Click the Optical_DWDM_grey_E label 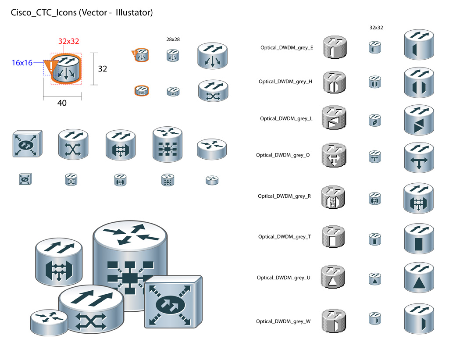tap(286, 48)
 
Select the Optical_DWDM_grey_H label tap(285, 82)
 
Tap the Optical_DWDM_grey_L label tap(286, 118)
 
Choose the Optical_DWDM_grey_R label tap(284, 196)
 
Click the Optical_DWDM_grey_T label tap(285, 237)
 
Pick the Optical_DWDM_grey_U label tap(284, 278)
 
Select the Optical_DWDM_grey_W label tap(284, 321)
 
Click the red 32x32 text tap(69, 42)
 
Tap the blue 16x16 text tap(22, 63)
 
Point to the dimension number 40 tap(62, 103)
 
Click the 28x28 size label tap(173, 39)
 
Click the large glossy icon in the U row tap(419, 277)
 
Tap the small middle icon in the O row tap(375, 157)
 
